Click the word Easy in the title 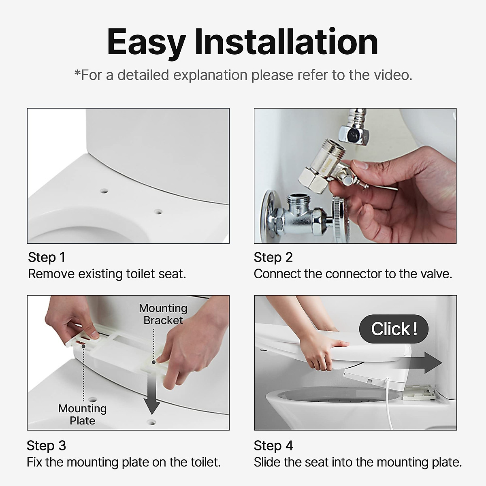tap(146, 42)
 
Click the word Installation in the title tap(286, 42)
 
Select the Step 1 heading tap(47, 257)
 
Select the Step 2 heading tap(273, 257)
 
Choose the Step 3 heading tap(46, 446)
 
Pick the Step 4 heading tap(273, 446)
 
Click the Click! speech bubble tap(394, 329)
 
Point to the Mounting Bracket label tap(163, 314)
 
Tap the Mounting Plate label tap(82, 414)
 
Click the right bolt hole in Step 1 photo tap(158, 211)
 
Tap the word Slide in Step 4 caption tap(266, 462)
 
